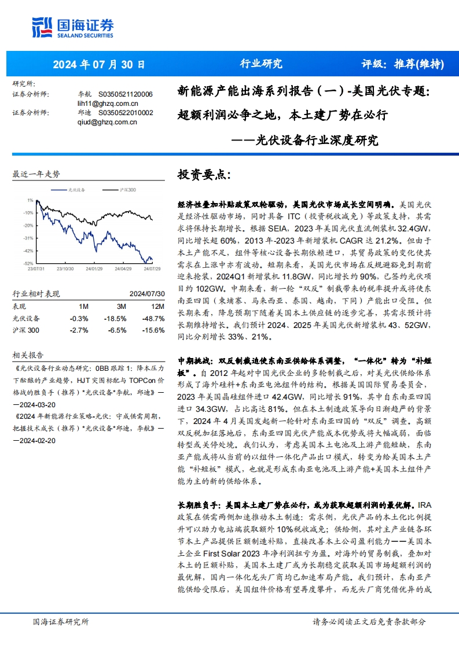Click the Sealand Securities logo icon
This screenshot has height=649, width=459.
pyautogui.click(x=43, y=28)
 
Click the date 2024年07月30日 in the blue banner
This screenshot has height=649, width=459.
pyautogui.click(x=99, y=64)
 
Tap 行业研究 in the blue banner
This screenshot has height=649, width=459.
pyautogui.click(x=261, y=64)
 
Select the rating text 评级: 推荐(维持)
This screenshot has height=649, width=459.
pyautogui.click(x=402, y=64)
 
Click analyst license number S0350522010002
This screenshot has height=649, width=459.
pyautogui.click(x=126, y=113)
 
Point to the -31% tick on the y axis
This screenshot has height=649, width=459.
pyautogui.click(x=28, y=238)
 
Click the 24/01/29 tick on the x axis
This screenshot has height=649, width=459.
pyautogui.click(x=93, y=268)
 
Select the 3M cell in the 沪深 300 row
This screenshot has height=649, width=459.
pyautogui.click(x=118, y=330)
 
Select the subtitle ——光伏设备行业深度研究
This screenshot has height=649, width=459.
pyautogui.click(x=304, y=141)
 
